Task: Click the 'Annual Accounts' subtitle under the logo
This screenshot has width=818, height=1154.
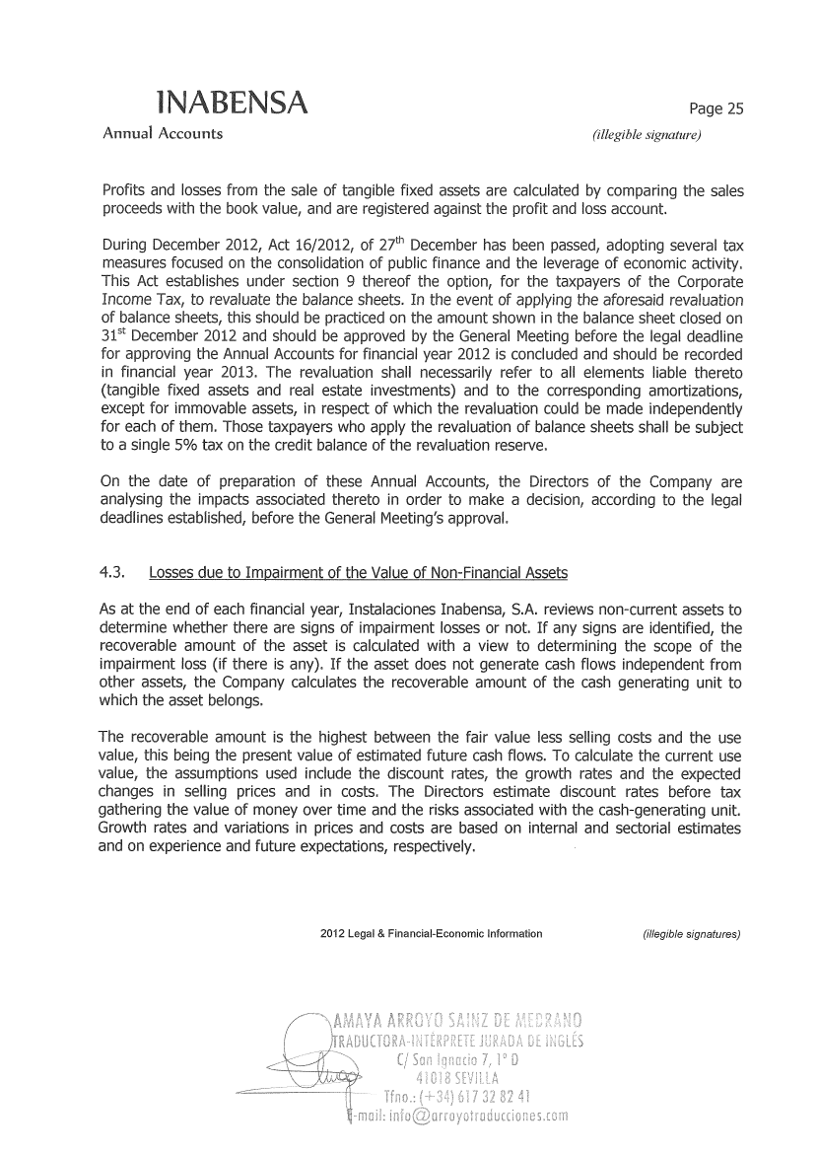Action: coord(163,133)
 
